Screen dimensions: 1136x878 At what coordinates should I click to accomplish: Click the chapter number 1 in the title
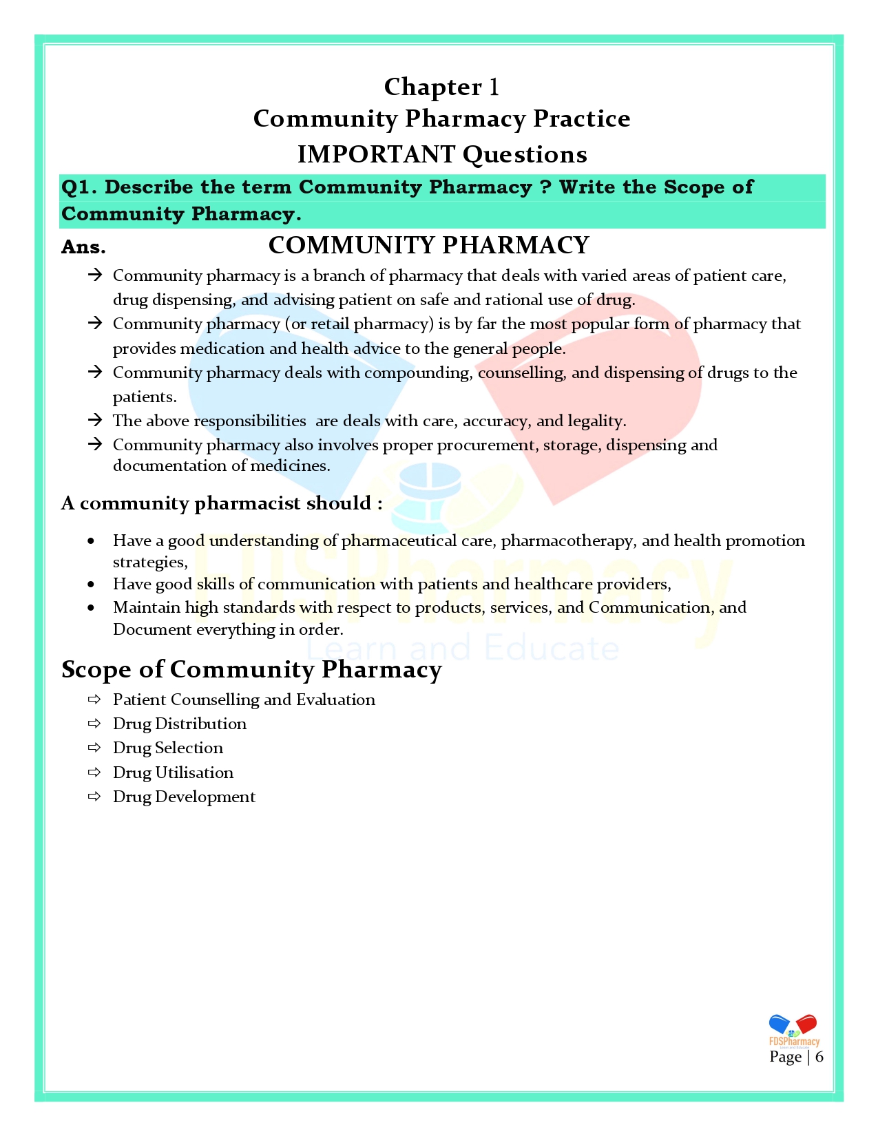tap(494, 87)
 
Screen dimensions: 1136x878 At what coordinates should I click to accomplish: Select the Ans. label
tap(83, 247)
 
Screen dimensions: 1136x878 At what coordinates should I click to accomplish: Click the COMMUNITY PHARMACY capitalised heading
tap(428, 245)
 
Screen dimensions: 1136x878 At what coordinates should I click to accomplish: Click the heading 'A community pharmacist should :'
tap(222, 503)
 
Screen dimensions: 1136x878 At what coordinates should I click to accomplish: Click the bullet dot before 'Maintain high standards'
tap(92, 608)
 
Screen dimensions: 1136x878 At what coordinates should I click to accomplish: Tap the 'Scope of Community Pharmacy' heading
tap(251, 669)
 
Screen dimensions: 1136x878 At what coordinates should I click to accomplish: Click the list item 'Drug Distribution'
tap(179, 724)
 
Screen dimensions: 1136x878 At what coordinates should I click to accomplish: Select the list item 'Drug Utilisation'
tap(173, 772)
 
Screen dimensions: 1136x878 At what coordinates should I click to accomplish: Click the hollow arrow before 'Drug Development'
tap(94, 797)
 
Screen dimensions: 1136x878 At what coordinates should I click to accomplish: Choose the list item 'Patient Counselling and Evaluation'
tap(244, 700)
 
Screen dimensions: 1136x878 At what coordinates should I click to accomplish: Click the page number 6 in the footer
tap(819, 1057)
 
